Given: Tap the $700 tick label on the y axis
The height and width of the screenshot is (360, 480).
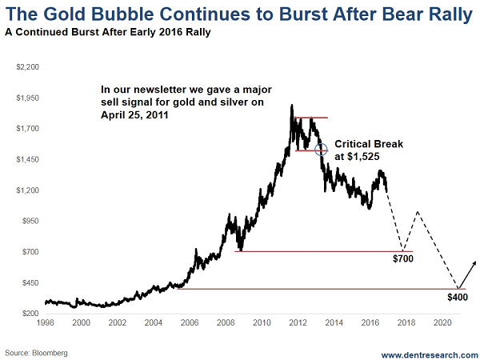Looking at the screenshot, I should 28,251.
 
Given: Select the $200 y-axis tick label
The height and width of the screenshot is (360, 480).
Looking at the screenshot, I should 28,313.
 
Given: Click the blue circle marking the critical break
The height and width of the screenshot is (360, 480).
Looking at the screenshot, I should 321,149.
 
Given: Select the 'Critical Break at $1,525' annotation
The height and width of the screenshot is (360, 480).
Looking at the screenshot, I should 368,150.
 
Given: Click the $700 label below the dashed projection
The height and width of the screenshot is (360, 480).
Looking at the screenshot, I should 403,260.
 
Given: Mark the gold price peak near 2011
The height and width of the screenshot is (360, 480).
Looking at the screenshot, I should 291,105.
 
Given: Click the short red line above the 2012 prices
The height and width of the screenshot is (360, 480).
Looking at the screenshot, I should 310,118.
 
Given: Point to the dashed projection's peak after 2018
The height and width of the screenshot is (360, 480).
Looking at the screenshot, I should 417,211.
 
